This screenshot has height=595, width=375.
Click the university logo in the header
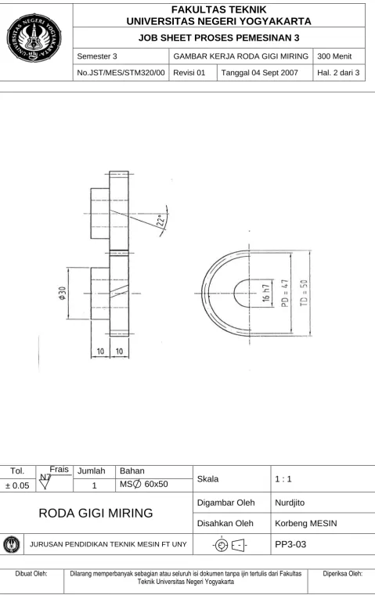(34, 38)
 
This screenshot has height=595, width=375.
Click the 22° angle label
(161, 221)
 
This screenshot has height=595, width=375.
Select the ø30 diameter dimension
(63, 293)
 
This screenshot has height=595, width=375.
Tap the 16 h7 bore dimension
(266, 293)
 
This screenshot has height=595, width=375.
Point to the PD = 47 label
(286, 293)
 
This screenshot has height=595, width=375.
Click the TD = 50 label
(304, 293)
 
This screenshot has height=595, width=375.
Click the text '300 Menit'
(334, 56)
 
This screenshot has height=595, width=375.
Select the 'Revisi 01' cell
(189, 73)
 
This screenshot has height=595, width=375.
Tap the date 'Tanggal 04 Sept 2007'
(260, 73)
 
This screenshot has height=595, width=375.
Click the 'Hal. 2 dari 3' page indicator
(338, 73)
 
